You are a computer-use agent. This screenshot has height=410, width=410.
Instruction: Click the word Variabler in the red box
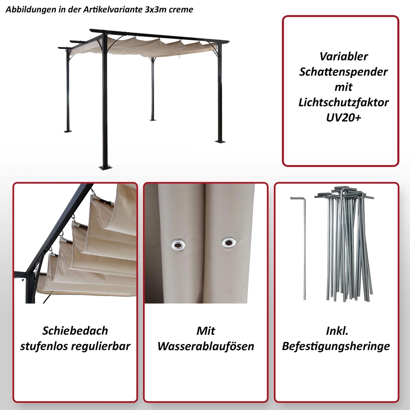(x=344, y=57)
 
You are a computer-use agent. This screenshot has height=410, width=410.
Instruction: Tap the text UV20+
(x=344, y=118)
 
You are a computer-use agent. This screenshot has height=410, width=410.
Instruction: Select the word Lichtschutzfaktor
(x=344, y=102)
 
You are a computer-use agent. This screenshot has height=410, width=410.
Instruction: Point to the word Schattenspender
(x=344, y=72)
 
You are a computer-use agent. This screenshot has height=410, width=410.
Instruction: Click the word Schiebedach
(x=75, y=331)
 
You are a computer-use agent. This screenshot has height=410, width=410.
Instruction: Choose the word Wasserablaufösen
(x=206, y=346)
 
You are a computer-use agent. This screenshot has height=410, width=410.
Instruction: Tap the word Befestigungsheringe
(x=336, y=346)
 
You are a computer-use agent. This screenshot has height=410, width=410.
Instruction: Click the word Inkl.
(x=337, y=331)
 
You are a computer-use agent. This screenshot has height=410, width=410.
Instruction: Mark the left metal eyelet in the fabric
(x=177, y=244)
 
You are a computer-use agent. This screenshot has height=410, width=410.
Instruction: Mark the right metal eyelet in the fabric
(x=229, y=242)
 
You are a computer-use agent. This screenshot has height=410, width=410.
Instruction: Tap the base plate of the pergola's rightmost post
(x=220, y=141)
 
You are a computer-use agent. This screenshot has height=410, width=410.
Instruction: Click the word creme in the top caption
(x=181, y=10)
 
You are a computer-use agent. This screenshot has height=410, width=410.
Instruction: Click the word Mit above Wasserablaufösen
(x=206, y=331)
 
